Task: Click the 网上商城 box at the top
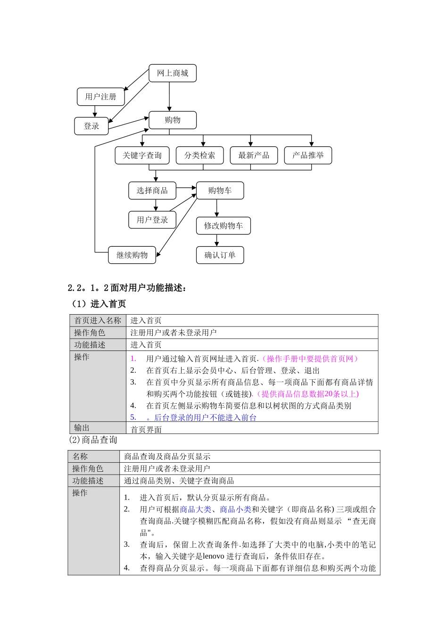click(173, 73)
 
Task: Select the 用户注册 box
click(100, 97)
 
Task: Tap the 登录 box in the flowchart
click(91, 126)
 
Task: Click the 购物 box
click(173, 120)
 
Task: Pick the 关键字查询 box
click(142, 155)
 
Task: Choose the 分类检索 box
click(199, 155)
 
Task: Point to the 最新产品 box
click(254, 155)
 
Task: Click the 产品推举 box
click(308, 155)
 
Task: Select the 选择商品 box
click(152, 191)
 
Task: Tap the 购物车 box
click(220, 191)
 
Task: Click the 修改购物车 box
click(223, 225)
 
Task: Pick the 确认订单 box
click(220, 255)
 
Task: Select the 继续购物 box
click(133, 255)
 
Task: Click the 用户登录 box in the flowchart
click(152, 220)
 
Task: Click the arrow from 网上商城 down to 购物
click(169, 97)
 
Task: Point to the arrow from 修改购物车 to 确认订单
click(217, 241)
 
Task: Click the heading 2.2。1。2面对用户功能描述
click(127, 288)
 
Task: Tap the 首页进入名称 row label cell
click(98, 320)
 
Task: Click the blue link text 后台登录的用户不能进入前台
click(205, 417)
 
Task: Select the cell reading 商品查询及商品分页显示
click(167, 456)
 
